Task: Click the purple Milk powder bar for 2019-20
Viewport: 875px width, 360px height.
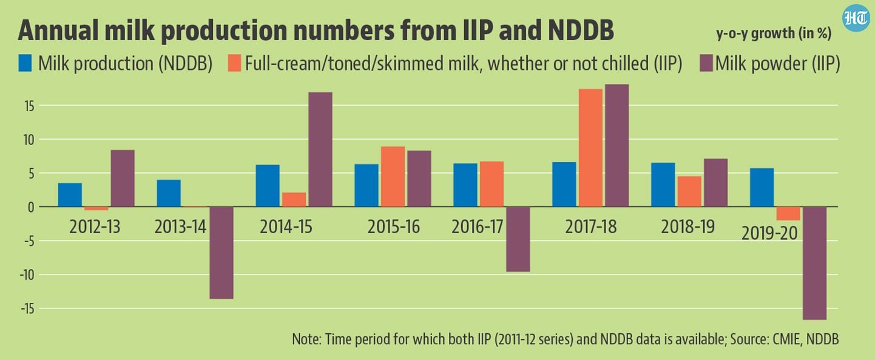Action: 814,263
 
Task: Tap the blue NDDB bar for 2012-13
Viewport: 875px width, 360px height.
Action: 70,195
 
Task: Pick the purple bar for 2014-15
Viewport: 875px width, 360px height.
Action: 320,149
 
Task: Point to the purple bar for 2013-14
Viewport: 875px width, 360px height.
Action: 221,253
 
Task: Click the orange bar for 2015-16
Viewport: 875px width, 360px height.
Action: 393,177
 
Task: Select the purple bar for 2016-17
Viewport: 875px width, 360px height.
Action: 518,239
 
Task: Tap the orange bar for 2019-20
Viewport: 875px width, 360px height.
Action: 788,214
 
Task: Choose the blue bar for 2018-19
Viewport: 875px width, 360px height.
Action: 663,185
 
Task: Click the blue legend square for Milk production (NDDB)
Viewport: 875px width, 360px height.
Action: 25,64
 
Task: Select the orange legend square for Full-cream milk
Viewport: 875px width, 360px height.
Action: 234,64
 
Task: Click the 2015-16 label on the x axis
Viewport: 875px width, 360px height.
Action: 393,227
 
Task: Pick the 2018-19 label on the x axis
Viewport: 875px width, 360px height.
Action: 689,227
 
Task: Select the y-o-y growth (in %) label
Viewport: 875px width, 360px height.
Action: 774,34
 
